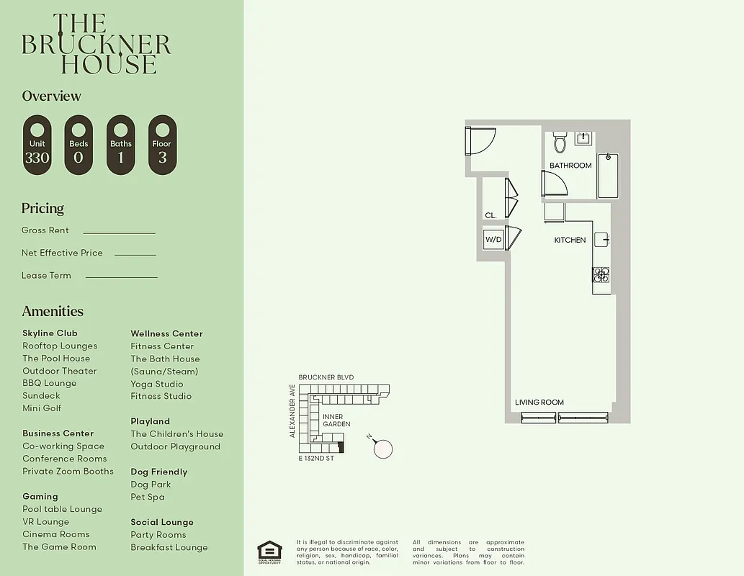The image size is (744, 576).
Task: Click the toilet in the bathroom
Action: click(560, 143)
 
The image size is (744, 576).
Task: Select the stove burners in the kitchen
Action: click(601, 274)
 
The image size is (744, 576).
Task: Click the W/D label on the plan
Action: click(493, 239)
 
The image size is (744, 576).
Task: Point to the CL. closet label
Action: click(491, 215)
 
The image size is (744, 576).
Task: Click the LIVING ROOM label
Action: click(539, 402)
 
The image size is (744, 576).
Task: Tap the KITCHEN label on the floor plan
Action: click(570, 240)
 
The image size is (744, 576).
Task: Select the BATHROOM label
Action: click(570, 166)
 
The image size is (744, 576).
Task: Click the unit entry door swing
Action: click(480, 140)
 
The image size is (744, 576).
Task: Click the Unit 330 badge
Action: click(37, 145)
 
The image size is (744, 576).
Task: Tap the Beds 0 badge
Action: click(79, 145)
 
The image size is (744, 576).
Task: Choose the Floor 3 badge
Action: click(162, 145)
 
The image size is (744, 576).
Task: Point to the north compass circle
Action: click(383, 449)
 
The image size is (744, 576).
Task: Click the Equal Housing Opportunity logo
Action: click(269, 550)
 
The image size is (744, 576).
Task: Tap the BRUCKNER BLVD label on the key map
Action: click(326, 377)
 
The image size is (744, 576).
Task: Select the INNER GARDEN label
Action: click(336, 420)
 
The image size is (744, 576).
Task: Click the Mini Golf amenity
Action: click(42, 408)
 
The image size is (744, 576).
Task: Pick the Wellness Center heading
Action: click(166, 333)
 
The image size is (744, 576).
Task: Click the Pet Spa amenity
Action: click(148, 497)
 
